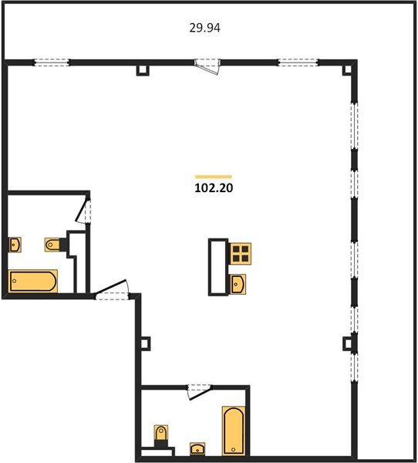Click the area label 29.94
pyautogui.click(x=204, y=28)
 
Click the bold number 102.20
pyautogui.click(x=214, y=188)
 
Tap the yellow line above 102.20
pyautogui.click(x=214, y=177)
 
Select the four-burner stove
pyautogui.click(x=241, y=254)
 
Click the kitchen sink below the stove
pyautogui.click(x=238, y=284)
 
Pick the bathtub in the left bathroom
pyautogui.click(x=32, y=281)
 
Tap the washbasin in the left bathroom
pyautogui.click(x=15, y=245)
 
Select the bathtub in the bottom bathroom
pyautogui.click(x=234, y=431)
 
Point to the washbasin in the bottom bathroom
pyautogui.click(x=197, y=449)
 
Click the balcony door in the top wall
pyautogui.click(x=207, y=66)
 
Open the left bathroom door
pyautogui.click(x=83, y=211)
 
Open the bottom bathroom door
pyautogui.click(x=200, y=392)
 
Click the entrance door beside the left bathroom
pyautogui.click(x=112, y=291)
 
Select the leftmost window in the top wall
pyautogui.click(x=52, y=63)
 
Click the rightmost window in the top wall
pyautogui.click(x=298, y=63)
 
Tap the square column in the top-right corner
pyautogui.click(x=348, y=69)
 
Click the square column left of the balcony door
pyautogui.click(x=143, y=70)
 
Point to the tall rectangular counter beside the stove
pyautogui.click(x=218, y=267)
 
